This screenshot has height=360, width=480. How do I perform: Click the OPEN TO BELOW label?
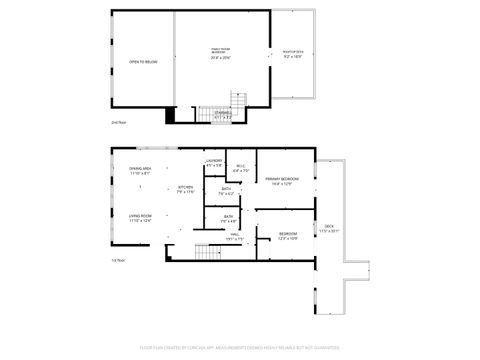[143, 62]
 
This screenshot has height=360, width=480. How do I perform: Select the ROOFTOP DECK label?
[293, 54]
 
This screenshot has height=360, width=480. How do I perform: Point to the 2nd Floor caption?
[118, 123]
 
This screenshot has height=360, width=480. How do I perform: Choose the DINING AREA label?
[140, 171]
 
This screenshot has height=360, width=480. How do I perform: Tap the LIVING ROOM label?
[140, 218]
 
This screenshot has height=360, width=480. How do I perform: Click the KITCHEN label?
[186, 189]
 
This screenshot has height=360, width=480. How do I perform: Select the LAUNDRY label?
[214, 162]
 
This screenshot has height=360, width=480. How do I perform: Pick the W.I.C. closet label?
[241, 168]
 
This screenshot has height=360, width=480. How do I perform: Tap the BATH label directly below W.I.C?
[227, 191]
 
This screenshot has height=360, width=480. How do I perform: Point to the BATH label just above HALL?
[229, 219]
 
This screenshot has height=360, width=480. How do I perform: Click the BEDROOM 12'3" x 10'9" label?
[288, 236]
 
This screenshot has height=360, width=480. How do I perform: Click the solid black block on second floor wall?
[169, 115]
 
